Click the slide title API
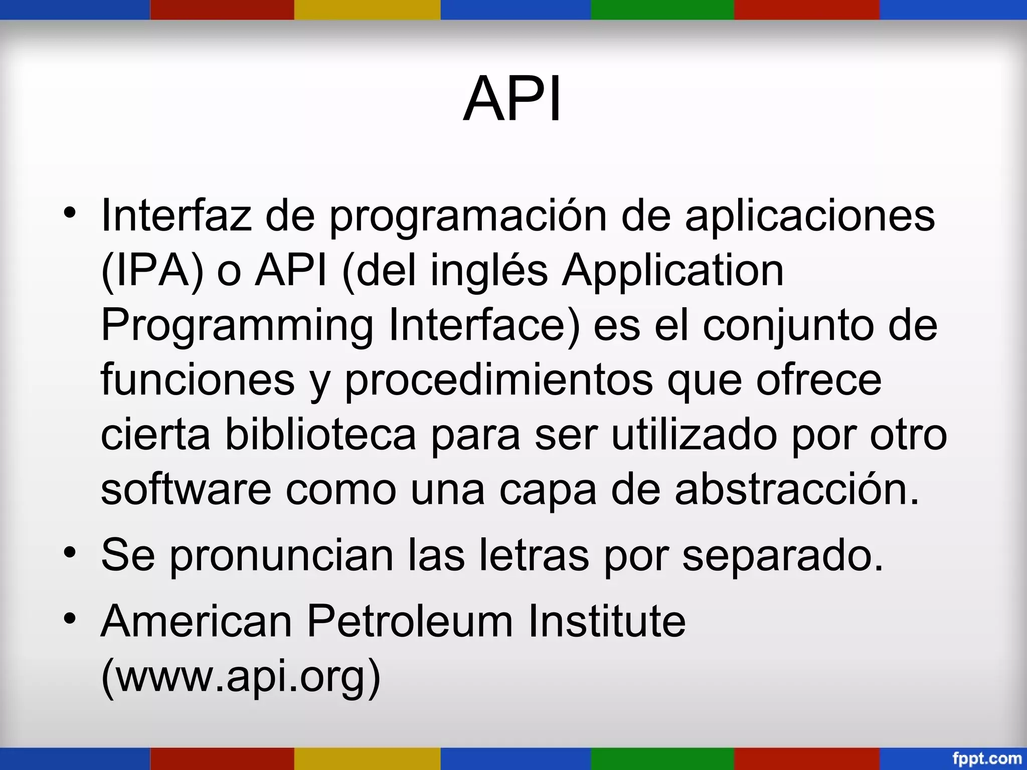click(512, 99)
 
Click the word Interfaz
click(176, 216)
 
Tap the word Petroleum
click(410, 621)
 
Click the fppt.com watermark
click(986, 758)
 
